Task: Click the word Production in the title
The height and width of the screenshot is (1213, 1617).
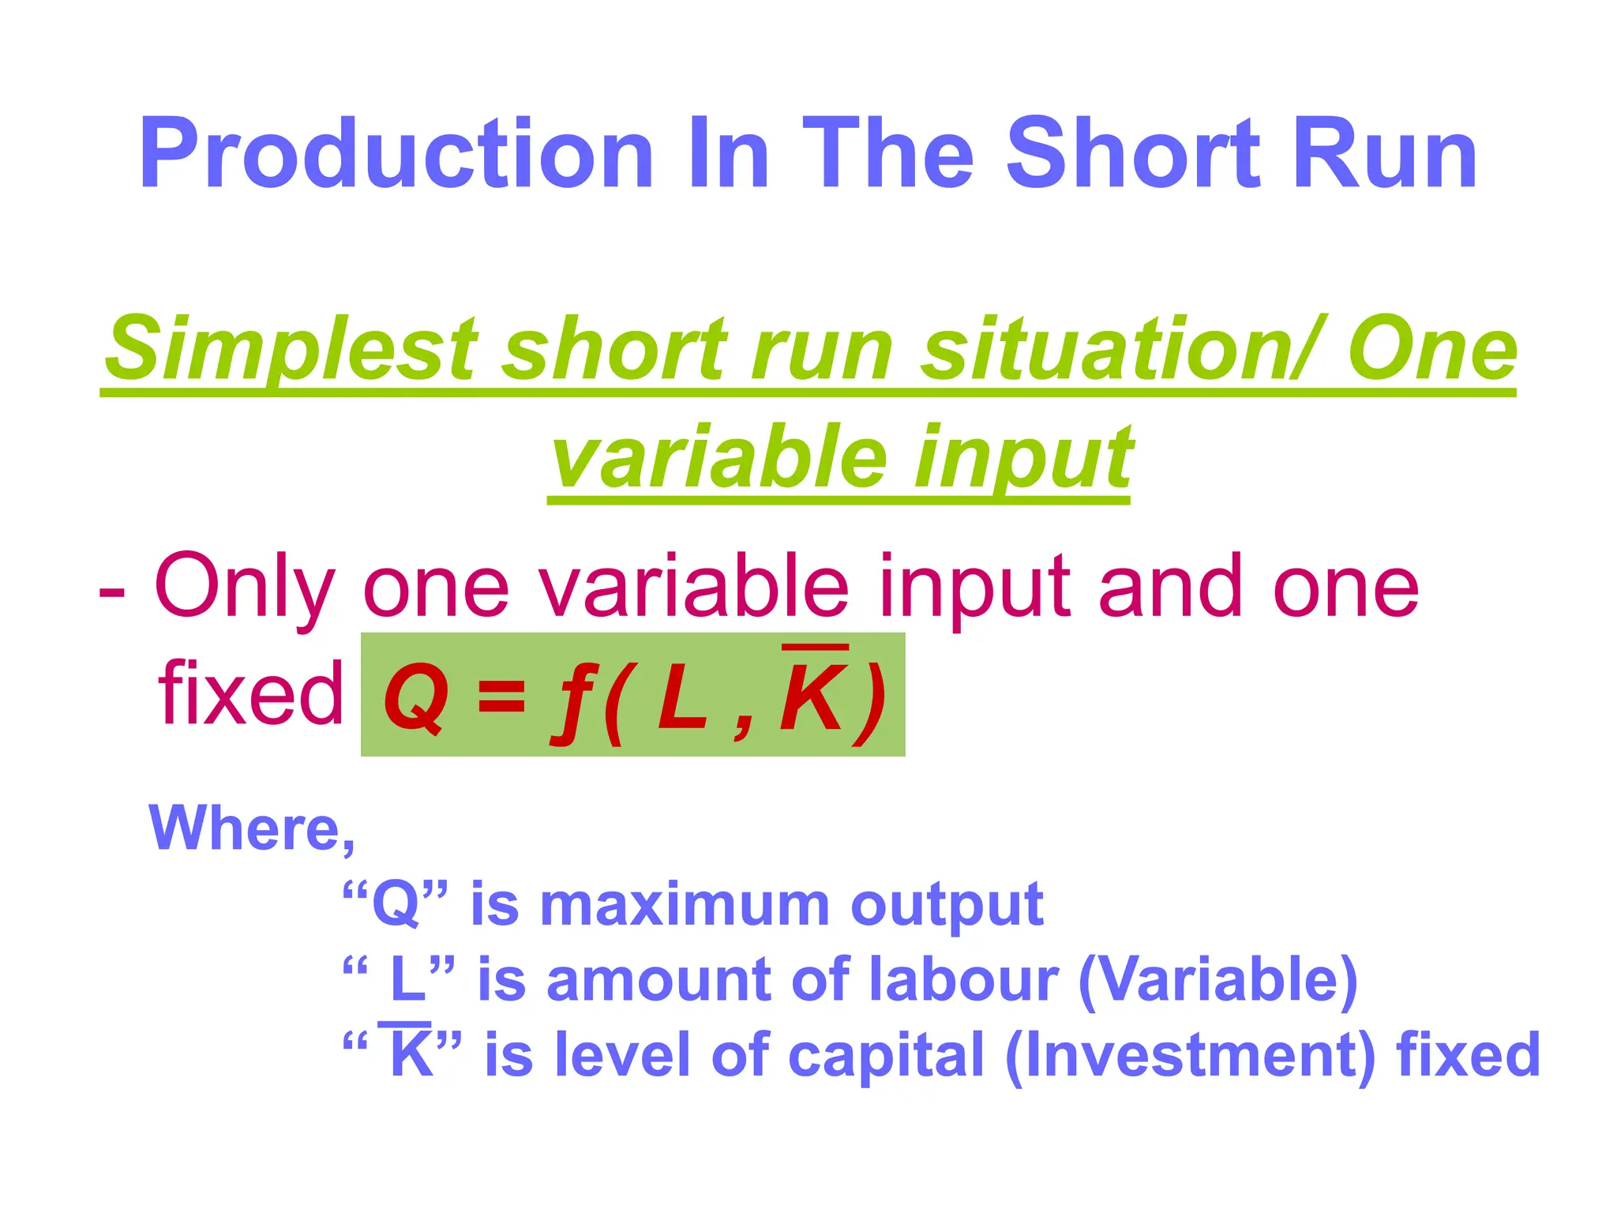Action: (x=396, y=154)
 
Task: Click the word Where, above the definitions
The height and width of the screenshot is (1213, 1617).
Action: (x=252, y=828)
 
